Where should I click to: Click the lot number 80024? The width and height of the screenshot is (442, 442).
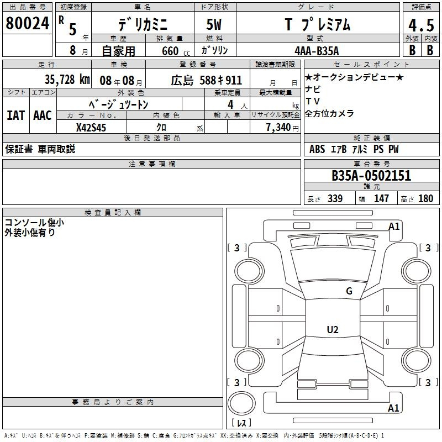point(27,23)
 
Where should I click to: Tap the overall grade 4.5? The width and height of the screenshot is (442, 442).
point(421,25)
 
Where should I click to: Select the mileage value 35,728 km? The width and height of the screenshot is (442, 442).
point(67,80)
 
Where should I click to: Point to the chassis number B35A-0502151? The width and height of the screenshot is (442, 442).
point(371,176)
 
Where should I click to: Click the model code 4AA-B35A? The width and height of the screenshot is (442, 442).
point(317,51)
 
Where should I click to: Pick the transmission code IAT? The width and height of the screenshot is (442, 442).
point(15,115)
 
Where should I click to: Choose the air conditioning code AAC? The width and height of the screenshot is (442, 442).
point(43,115)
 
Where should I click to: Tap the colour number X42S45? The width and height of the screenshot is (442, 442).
point(91,128)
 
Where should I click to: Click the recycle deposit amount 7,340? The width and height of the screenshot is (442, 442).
point(278,128)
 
